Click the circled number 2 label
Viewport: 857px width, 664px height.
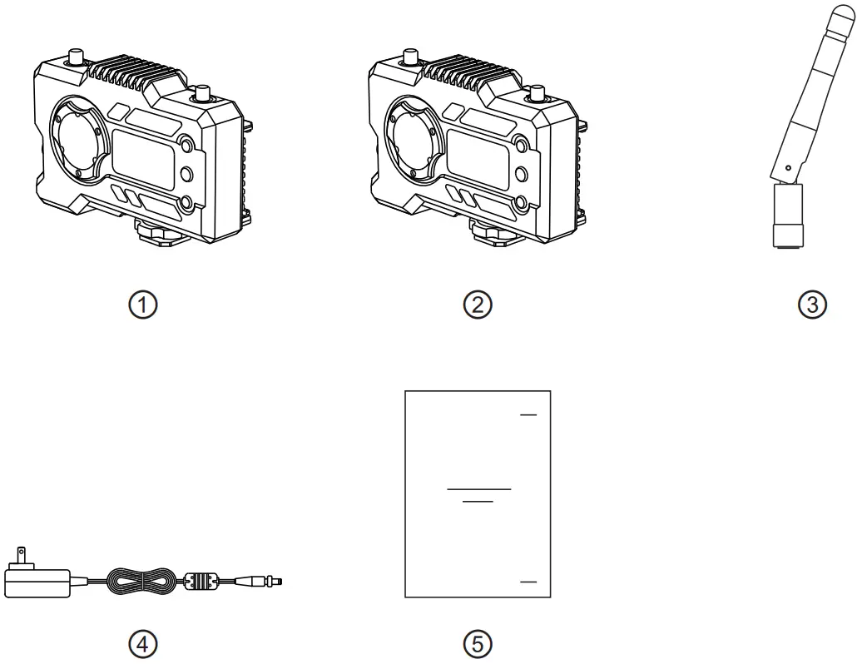coord(478,305)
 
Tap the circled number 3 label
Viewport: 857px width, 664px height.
coord(812,305)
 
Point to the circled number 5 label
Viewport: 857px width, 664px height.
coord(478,642)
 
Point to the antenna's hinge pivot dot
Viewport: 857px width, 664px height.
coord(787,169)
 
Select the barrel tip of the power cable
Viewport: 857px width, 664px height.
coord(267,579)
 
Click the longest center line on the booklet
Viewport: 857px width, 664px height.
coord(478,488)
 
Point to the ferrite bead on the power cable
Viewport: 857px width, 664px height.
coord(203,579)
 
